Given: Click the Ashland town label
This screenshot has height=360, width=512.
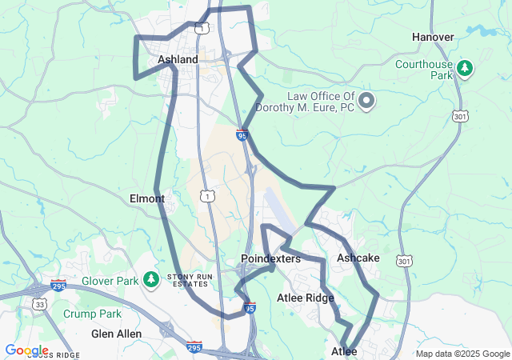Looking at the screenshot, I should (x=178, y=59).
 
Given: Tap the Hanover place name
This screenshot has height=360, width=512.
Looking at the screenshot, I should (x=433, y=37).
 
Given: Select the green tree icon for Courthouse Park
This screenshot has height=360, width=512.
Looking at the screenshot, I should (x=464, y=68).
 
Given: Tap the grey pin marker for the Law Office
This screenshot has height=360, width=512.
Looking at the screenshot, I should (x=366, y=101).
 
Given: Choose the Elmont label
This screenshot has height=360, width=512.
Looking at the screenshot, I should (x=146, y=198).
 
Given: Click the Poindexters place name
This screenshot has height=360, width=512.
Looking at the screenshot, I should (x=270, y=259).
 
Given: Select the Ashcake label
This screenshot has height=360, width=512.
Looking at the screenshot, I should (x=358, y=258).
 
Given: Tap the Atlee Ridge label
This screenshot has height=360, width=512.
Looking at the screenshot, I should (x=306, y=298).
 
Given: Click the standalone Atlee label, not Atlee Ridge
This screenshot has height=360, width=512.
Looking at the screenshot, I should (x=345, y=351).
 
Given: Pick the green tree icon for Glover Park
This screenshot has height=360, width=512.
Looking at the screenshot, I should (x=151, y=280).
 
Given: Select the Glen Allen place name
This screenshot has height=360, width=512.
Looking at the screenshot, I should (x=116, y=334).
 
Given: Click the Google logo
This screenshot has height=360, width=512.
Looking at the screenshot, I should (x=26, y=350).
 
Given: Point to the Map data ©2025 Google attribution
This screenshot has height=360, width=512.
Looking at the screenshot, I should (x=462, y=354).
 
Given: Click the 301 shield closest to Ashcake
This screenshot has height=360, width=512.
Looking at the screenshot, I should (x=404, y=262).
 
